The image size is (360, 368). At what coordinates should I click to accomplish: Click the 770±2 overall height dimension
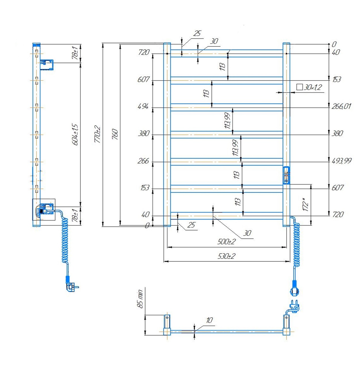coord(98,134)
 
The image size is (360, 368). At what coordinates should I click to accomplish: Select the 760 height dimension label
coord(115,134)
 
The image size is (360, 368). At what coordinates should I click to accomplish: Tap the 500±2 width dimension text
coord(226,241)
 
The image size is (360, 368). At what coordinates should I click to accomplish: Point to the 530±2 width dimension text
coord(226,256)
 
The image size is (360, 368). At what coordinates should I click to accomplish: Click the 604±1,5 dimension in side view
coord(75,135)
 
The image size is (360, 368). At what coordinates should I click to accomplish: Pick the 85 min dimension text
coord(140,299)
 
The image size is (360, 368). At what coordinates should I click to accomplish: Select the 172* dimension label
coord(306,204)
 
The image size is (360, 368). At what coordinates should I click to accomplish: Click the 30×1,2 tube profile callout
coord(309,87)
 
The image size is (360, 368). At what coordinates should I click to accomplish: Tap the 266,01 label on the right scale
coord(341,106)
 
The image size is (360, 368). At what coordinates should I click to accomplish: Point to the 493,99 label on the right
coord(342,161)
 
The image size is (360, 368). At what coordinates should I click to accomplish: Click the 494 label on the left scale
coord(143,107)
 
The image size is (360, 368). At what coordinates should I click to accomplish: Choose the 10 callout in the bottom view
coord(209,320)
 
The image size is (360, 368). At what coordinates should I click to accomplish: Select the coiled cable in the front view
coord(296,241)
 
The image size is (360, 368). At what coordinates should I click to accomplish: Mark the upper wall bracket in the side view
coord(46,65)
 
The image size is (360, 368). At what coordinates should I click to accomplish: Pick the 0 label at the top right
coord(334,44)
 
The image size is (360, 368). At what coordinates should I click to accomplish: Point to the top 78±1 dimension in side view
coord(75,53)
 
